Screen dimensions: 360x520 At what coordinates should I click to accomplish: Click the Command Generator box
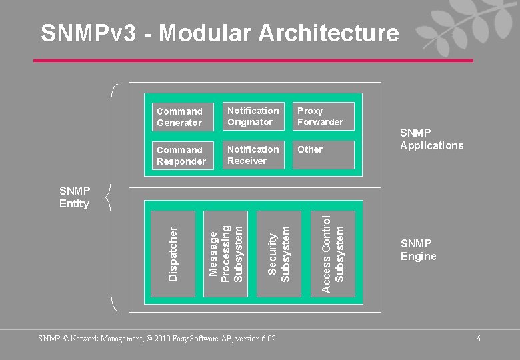(x=180, y=117)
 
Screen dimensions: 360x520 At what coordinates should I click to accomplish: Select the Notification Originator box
(x=253, y=116)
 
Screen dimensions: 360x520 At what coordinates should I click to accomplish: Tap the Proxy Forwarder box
(x=323, y=116)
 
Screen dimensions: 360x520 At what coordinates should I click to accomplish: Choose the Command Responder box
(x=180, y=155)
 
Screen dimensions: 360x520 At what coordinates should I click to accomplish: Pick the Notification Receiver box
(x=253, y=155)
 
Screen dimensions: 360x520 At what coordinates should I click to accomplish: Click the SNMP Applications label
(x=431, y=139)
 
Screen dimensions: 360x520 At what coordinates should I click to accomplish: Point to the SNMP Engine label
(x=418, y=250)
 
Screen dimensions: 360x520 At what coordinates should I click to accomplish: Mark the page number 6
(x=478, y=339)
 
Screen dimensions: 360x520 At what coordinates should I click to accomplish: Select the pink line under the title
(x=253, y=61)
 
